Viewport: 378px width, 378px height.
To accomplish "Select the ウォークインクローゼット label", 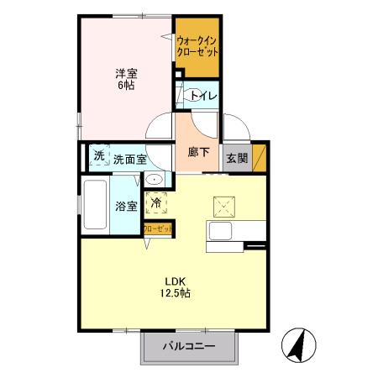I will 197,45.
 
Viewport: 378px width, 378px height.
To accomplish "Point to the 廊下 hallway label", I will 199,153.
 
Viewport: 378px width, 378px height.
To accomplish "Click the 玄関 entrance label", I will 235,156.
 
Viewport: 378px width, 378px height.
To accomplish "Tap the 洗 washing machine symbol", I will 99,155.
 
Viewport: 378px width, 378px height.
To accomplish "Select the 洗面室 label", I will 130,158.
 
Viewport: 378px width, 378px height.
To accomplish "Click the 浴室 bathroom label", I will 126,205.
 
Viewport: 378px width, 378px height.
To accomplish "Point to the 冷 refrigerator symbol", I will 155,202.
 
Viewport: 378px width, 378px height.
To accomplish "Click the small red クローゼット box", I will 158,228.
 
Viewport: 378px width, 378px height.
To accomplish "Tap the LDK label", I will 175,281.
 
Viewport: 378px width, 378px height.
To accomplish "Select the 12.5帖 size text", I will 175,294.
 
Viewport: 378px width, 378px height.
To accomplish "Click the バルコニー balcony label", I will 189,346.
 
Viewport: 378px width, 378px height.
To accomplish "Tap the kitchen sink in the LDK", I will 223,233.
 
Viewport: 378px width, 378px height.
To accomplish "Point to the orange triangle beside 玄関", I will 260,157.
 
